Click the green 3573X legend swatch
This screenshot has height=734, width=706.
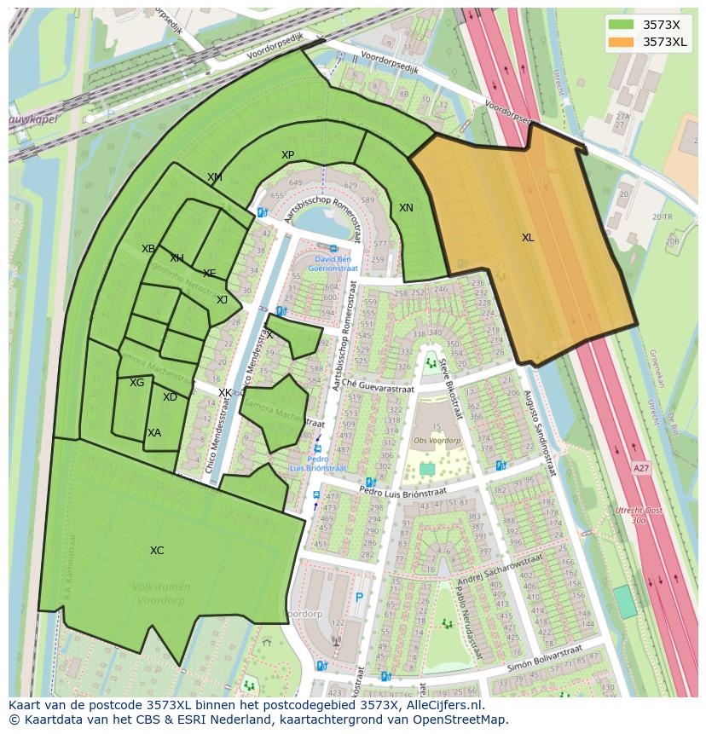[622, 25]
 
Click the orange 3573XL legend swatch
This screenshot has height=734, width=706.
[622, 42]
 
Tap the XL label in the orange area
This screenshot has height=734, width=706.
[528, 238]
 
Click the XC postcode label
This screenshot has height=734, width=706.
[157, 551]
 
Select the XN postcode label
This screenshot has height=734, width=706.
[406, 208]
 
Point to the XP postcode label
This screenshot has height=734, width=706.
[287, 155]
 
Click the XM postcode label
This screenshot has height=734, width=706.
[214, 177]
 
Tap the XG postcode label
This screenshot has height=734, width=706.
[136, 383]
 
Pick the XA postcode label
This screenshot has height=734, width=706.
[153, 433]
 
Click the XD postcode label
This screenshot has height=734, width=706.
[170, 397]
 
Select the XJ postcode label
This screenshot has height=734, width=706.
[222, 299]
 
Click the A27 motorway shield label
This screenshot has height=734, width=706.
[641, 468]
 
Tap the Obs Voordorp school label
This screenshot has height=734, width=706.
[437, 441]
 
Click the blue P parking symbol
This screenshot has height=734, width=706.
[359, 598]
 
